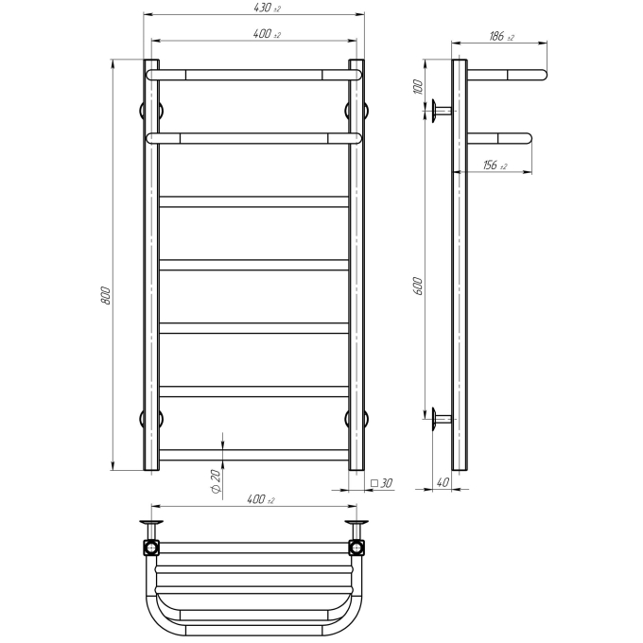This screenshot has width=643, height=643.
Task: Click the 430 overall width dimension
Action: tap(267, 8)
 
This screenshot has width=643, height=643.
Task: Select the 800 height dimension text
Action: tap(105, 295)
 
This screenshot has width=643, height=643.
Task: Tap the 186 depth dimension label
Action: tap(501, 37)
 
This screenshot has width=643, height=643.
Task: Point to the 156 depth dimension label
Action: tap(495, 165)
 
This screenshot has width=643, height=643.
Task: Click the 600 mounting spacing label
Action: tap(417, 287)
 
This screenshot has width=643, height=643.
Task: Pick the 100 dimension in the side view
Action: tap(417, 87)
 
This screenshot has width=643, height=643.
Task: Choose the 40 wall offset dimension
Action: tap(443, 482)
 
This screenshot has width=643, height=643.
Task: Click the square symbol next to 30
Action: tap(374, 483)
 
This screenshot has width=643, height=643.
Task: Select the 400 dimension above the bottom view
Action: tap(261, 499)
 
